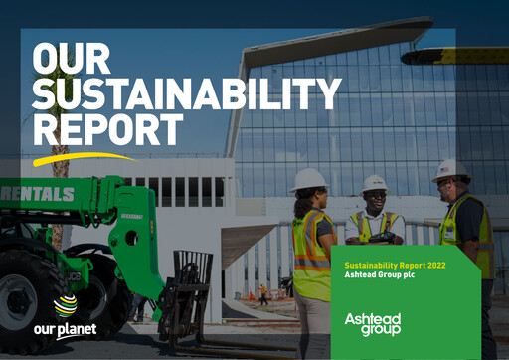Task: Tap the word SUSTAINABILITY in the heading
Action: click(x=186, y=93)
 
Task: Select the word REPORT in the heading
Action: click(x=108, y=129)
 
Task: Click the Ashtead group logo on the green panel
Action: click(x=371, y=323)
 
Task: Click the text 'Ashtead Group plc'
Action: click(x=379, y=275)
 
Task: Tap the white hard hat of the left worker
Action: click(x=309, y=178)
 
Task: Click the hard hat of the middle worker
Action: click(x=375, y=183)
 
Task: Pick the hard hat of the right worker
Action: click(x=452, y=168)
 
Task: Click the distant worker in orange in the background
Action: click(x=262, y=293)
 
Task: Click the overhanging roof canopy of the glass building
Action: click(x=338, y=42)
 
